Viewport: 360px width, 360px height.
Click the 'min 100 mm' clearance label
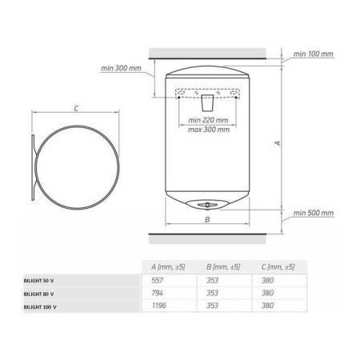314,54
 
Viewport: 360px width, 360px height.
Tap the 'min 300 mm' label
121,68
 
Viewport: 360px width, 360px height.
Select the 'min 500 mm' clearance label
314,213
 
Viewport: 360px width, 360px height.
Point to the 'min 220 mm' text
208,120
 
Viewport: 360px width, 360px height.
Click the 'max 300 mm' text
209,130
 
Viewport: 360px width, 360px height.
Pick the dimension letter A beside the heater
278,143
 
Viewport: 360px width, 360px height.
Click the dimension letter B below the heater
207,220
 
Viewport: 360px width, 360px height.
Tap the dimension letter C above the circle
76,109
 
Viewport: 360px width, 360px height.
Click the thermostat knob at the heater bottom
207,205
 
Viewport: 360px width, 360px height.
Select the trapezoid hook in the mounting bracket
207,102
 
